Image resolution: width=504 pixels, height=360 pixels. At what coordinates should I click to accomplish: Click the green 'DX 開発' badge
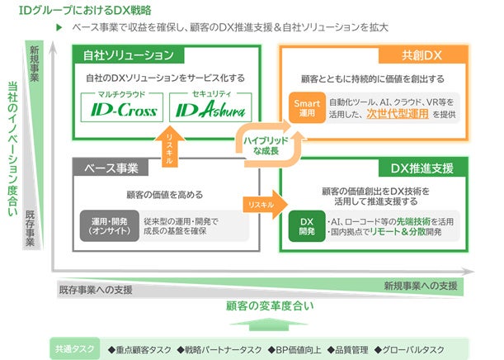[x=307, y=225]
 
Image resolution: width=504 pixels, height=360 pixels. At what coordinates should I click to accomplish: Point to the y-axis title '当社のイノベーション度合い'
[x=12, y=149]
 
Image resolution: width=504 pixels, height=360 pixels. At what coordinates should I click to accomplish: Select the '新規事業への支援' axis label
[x=420, y=286]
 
